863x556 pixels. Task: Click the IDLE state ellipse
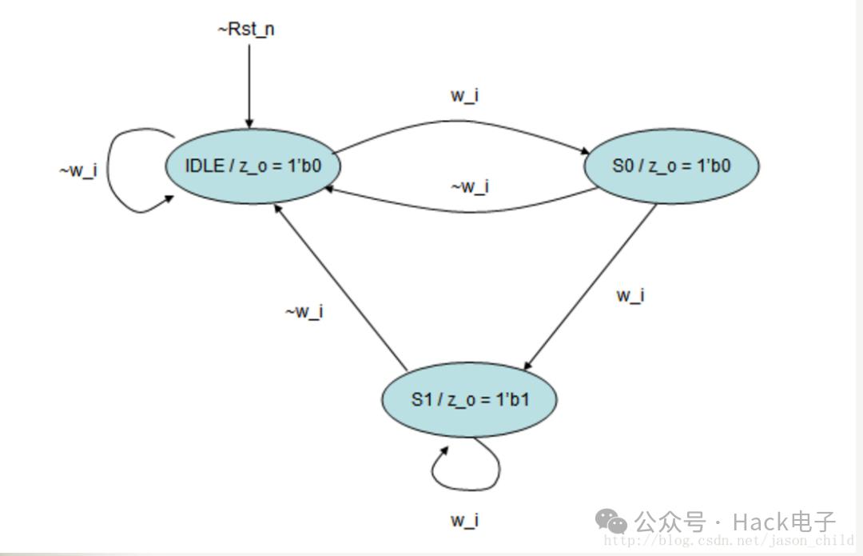[x=253, y=166]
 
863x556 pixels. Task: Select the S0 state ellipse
[x=671, y=166]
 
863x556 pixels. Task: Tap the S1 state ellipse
[x=469, y=400]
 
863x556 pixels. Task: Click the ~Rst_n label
[x=246, y=30]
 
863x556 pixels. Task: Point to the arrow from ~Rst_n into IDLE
[x=249, y=86]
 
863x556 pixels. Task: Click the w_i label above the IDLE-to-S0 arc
[x=464, y=95]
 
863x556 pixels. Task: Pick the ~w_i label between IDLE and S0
[x=470, y=187]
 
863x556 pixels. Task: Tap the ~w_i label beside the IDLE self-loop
[x=78, y=170]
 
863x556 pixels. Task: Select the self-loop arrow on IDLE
[x=108, y=171]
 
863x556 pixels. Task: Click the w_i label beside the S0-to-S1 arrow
[x=630, y=296]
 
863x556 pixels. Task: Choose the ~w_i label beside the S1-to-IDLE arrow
[x=304, y=312]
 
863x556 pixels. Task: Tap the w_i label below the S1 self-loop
[x=464, y=520]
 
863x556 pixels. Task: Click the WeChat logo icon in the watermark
[x=611, y=521]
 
